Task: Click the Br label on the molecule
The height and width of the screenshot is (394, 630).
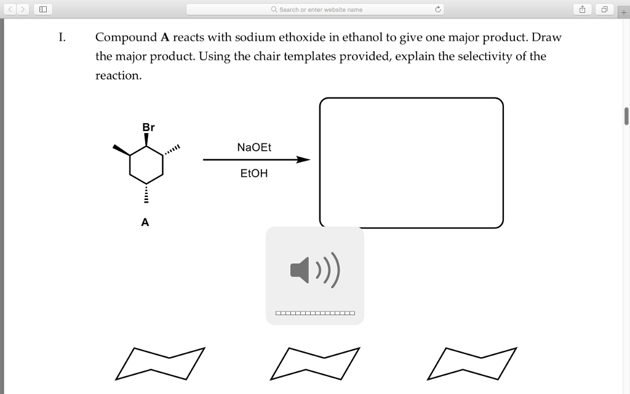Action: [148, 127]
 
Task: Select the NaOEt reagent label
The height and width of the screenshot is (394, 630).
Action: [254, 148]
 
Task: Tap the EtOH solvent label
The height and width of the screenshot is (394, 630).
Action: [254, 174]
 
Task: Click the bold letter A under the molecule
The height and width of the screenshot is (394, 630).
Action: [145, 222]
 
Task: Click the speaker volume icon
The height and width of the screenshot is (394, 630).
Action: [314, 270]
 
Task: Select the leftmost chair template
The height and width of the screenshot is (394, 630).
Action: [159, 363]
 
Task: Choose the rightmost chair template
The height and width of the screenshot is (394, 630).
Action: [471, 363]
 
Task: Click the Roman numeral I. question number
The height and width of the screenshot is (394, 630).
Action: [62, 37]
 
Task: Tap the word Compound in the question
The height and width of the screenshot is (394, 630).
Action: [126, 38]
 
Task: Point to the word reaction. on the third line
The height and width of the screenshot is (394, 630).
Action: [118, 76]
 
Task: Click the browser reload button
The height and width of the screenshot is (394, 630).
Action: [437, 9]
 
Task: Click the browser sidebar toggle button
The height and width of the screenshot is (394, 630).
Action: [42, 9]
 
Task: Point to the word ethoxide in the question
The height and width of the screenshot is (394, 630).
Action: [302, 38]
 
